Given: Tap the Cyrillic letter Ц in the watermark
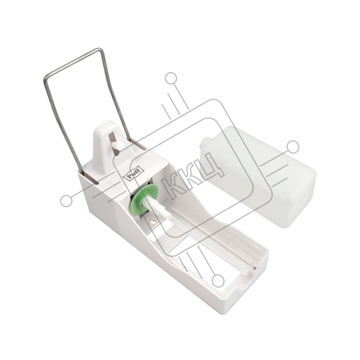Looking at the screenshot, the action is pyautogui.click(x=211, y=166).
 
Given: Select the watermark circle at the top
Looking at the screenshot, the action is pyautogui.click(x=171, y=78).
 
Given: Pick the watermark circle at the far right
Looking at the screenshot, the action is pyautogui.click(x=293, y=147).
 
